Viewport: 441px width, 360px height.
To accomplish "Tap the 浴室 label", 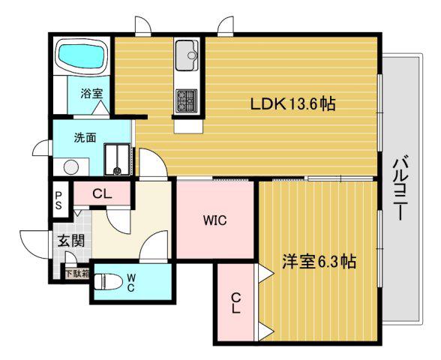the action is (91, 93).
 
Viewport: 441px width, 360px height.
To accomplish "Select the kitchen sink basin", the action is (187, 55).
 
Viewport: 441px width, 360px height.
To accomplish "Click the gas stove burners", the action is (187, 101).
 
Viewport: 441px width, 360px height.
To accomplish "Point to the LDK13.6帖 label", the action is (292, 104).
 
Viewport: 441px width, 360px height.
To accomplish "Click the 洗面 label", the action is (85, 137).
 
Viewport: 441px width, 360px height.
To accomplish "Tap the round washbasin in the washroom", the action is (70, 167).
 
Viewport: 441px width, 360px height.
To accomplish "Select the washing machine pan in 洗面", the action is (117, 159).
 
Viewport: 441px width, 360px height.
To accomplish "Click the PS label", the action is (58, 200).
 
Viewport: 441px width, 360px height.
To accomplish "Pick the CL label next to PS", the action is (102, 193).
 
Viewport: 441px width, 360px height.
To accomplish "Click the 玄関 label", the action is (70, 241).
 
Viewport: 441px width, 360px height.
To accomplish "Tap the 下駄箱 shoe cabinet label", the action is (77, 274).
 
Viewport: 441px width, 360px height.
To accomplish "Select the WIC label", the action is (215, 220).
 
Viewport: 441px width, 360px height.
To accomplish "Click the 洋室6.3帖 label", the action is (319, 262).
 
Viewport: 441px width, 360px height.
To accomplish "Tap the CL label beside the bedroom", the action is (236, 303).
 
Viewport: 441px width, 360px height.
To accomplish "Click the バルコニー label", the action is (399, 190).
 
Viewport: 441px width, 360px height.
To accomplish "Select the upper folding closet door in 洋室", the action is (264, 273).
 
